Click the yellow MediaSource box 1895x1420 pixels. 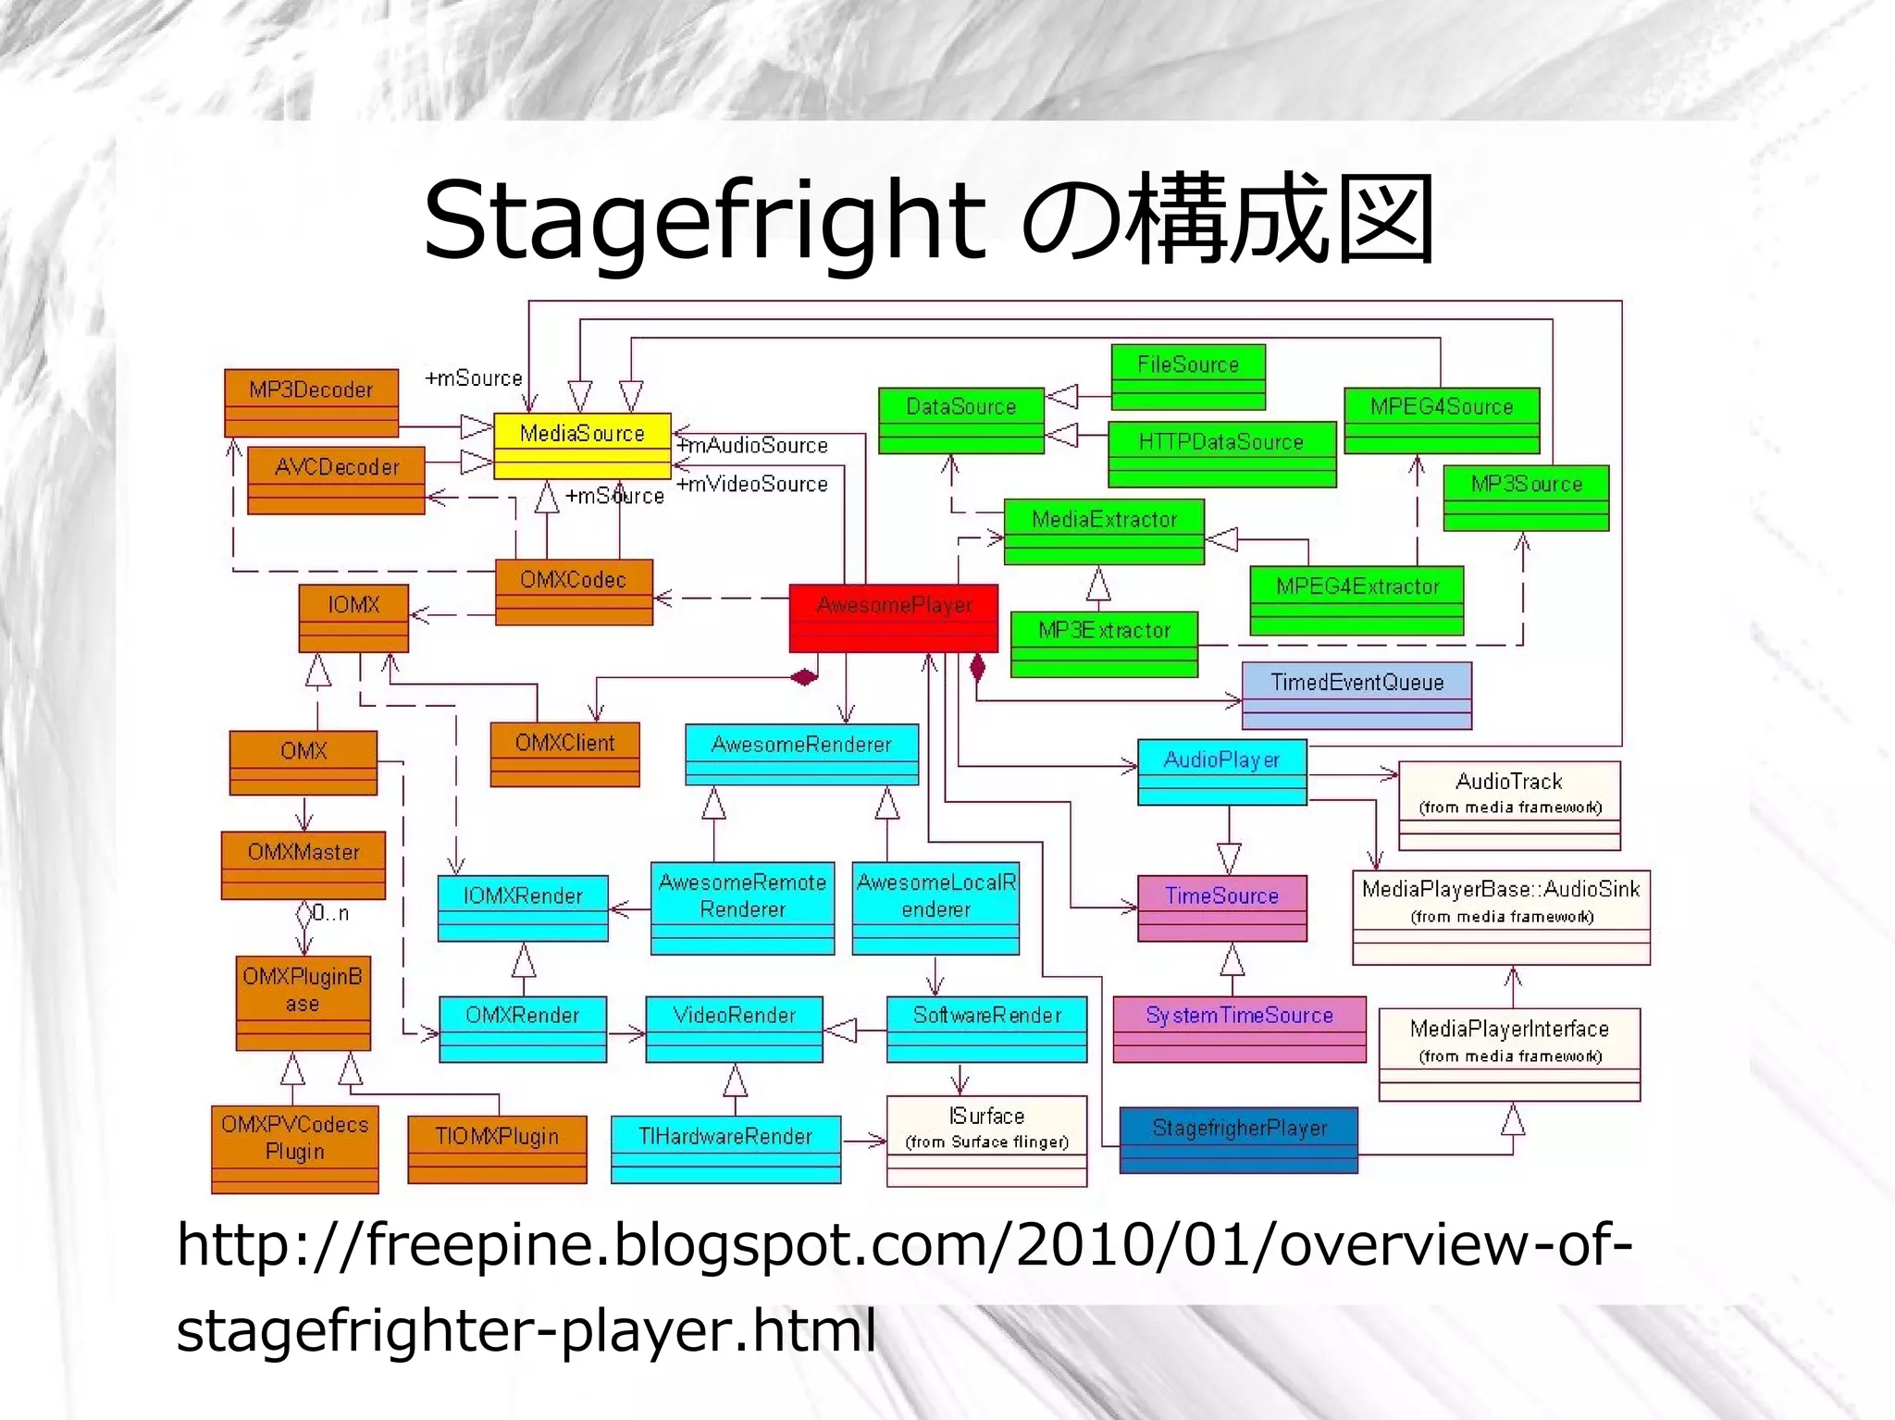click(581, 445)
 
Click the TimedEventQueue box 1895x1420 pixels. click(1356, 695)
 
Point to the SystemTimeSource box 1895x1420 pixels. click(1239, 1028)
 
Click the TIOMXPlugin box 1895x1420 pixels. click(497, 1148)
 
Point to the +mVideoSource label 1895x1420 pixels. click(753, 484)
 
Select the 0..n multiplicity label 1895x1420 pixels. click(330, 913)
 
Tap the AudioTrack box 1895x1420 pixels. click(1509, 804)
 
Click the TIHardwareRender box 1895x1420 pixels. click(725, 1148)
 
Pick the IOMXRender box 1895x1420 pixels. click(523, 908)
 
